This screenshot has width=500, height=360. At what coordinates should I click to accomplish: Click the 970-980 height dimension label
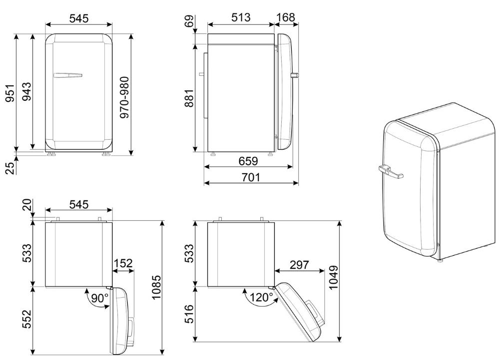(125, 97)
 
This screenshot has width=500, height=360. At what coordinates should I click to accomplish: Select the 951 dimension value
(10, 93)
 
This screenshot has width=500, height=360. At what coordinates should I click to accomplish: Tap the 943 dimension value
(26, 91)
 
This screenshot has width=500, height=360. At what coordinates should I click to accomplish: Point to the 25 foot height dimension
(10, 168)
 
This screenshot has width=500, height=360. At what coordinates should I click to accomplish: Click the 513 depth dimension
(241, 17)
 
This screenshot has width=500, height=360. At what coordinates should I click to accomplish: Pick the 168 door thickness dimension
(285, 17)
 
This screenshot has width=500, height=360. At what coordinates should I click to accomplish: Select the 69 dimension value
(189, 21)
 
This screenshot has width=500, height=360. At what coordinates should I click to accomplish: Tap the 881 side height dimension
(189, 98)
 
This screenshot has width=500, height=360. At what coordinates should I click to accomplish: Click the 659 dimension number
(248, 161)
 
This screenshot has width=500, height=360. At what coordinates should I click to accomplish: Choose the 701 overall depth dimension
(251, 177)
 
